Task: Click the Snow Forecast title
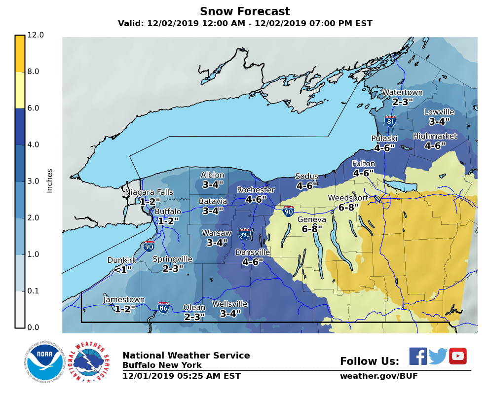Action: point(245,11)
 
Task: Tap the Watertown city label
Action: point(402,92)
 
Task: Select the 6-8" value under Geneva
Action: point(312,229)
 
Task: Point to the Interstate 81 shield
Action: point(390,121)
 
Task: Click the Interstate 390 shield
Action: point(244,234)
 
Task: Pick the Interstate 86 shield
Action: point(163,308)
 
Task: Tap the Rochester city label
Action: point(256,190)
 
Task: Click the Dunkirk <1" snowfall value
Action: point(123,270)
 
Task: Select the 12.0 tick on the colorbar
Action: point(36,35)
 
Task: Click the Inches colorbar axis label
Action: point(49,180)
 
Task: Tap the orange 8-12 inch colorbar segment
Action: point(20,54)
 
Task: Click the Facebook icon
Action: point(418,356)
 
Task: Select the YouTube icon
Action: point(457,356)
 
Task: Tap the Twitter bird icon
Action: point(438,356)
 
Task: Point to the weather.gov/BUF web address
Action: point(378,376)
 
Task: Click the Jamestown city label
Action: point(124,300)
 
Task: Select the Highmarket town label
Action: point(435,136)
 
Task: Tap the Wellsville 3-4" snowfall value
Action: point(230,314)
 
